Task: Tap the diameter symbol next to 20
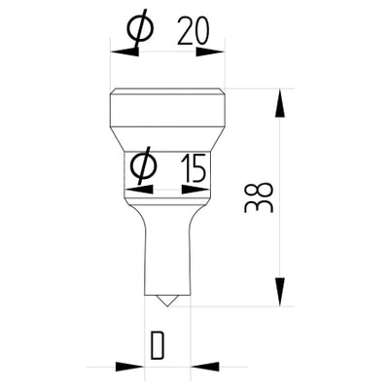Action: coord(140,31)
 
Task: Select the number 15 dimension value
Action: coord(193,170)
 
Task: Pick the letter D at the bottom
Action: coord(156,345)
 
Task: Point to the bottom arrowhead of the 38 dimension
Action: coord(281,296)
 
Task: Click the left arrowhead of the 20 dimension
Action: coord(120,46)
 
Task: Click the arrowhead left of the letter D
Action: coord(133,368)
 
